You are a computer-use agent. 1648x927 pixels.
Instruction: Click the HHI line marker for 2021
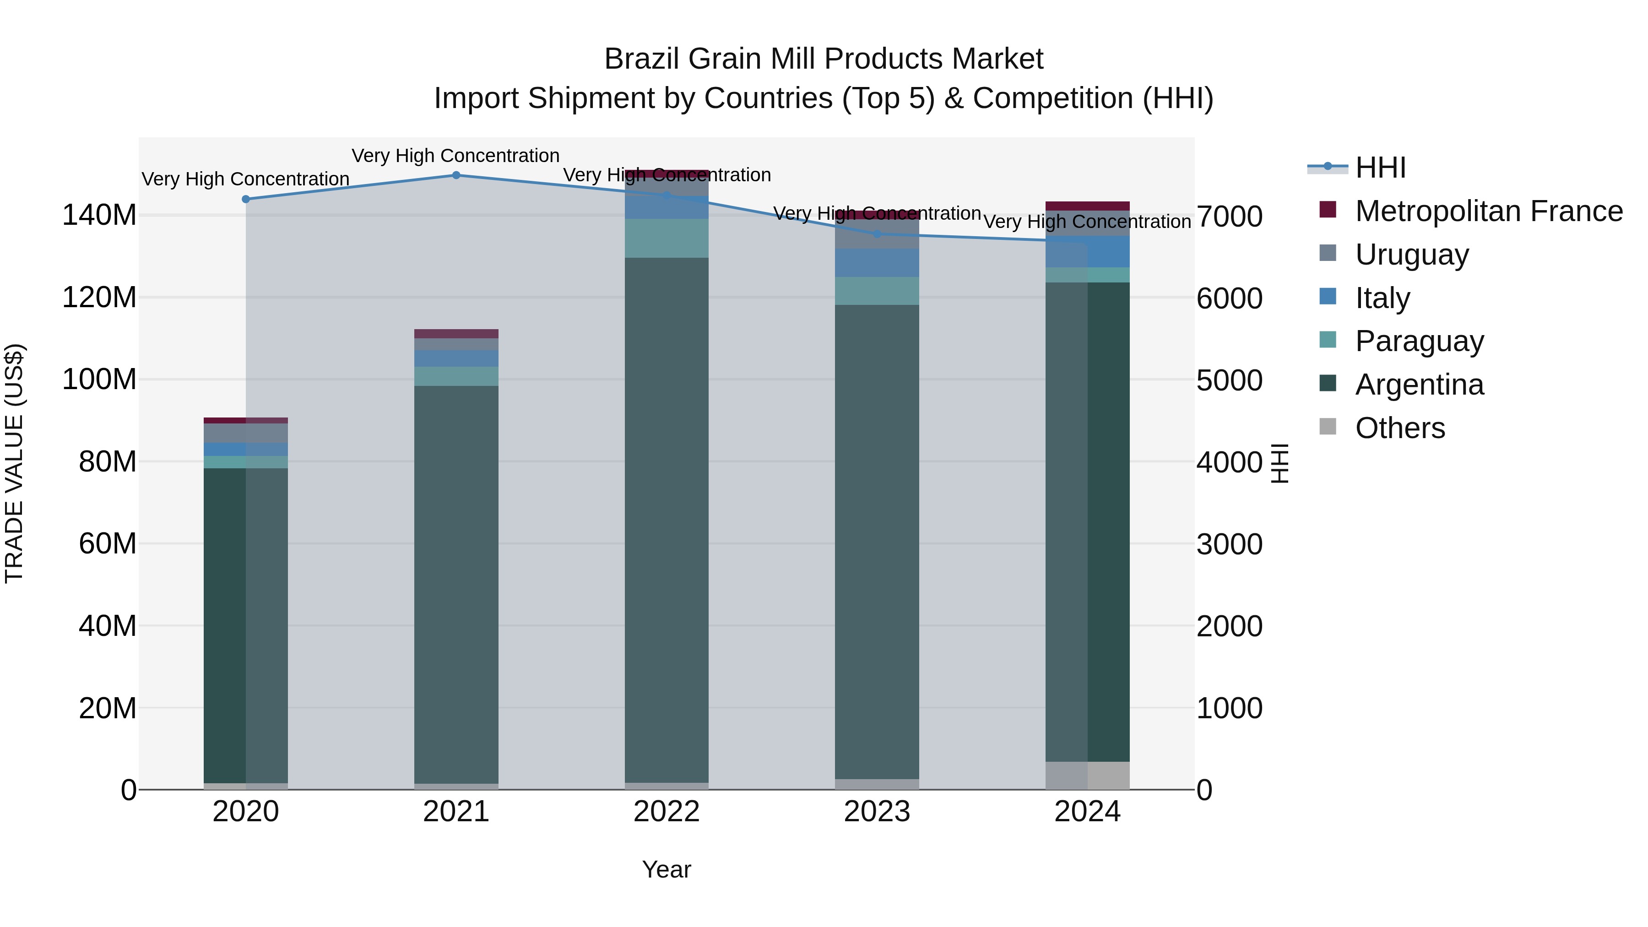tap(456, 175)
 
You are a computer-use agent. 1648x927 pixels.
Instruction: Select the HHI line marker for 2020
tap(246, 199)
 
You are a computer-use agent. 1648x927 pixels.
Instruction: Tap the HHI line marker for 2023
tap(877, 234)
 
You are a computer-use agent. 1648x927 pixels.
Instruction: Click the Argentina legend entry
tap(1419, 385)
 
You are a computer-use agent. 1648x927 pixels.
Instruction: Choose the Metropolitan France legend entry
tap(1488, 211)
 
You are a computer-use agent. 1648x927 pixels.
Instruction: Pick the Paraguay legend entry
tap(1419, 342)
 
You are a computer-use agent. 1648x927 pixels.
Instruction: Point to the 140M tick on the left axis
tap(99, 215)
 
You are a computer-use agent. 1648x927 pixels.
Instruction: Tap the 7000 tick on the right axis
tap(1229, 217)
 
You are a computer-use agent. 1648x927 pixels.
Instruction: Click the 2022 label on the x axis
tap(667, 812)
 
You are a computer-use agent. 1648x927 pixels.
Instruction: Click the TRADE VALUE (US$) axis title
tap(14, 463)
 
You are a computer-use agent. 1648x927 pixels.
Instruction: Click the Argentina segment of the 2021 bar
tap(456, 576)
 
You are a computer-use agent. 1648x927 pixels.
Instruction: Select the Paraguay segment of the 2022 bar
tap(667, 239)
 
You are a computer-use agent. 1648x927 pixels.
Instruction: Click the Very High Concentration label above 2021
tap(455, 156)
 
